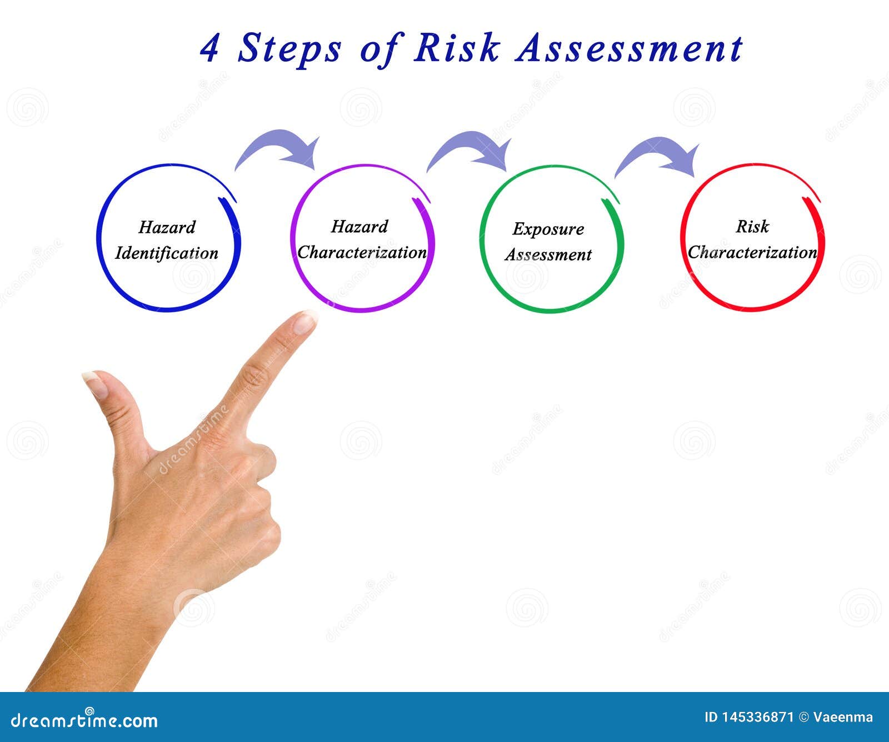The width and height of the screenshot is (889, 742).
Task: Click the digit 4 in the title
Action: (x=209, y=48)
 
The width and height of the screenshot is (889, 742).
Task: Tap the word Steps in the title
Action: (x=289, y=48)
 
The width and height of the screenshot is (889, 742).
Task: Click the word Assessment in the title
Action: (x=628, y=48)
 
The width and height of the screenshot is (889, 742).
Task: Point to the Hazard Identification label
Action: (x=167, y=240)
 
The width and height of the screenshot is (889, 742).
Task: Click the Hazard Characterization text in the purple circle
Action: (x=362, y=239)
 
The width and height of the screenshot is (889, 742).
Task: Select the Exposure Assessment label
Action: (x=548, y=242)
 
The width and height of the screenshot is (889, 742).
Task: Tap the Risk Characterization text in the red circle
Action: (x=752, y=239)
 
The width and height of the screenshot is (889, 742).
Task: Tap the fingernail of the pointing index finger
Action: (x=304, y=322)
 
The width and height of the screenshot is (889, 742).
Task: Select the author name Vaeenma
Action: (x=843, y=717)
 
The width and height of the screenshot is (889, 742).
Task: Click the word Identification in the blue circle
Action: (x=167, y=253)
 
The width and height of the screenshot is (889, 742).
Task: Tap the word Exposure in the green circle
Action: (x=548, y=229)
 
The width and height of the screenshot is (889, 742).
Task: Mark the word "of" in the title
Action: (x=379, y=48)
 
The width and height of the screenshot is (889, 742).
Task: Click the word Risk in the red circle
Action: (x=752, y=226)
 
